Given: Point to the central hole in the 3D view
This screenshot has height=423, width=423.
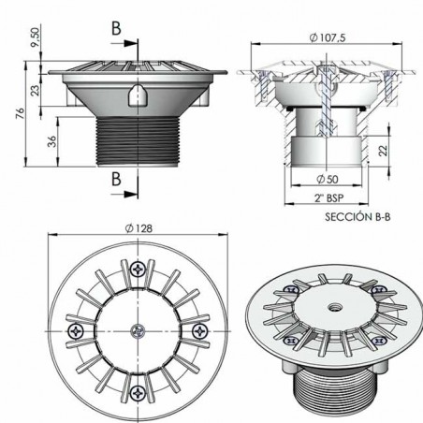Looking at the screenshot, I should click(329, 304).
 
